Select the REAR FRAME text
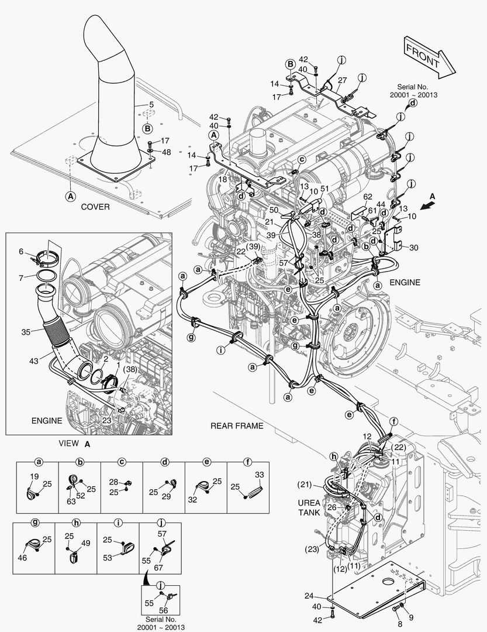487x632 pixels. pos(237,426)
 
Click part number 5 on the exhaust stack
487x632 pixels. pos(151,105)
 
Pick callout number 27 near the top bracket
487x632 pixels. pos(342,80)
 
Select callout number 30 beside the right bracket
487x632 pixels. pos(414,248)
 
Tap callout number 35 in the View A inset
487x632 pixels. pos(25,332)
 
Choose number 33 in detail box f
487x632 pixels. pos(260,475)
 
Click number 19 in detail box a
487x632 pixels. pos(34,476)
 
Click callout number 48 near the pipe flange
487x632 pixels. pos(166,152)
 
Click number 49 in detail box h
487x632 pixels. pos(86,544)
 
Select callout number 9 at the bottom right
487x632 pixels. pos(410,617)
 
